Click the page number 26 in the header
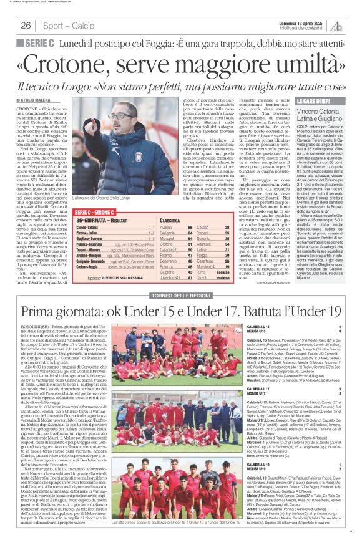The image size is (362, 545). click(x=26, y=26)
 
